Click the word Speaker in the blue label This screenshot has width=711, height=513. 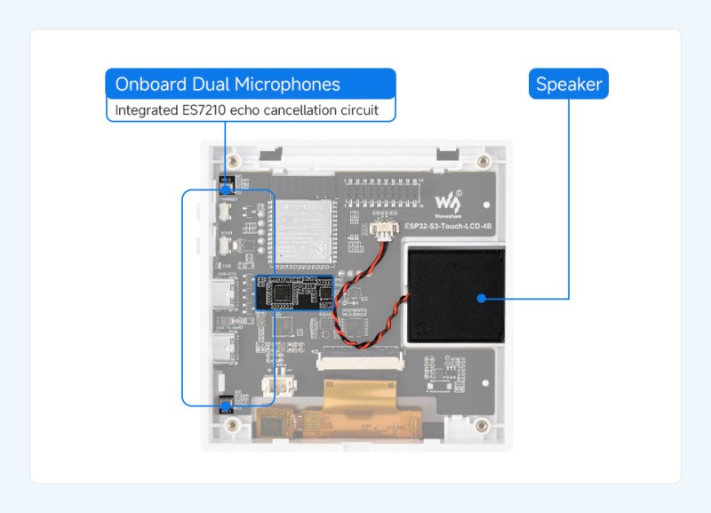(x=569, y=84)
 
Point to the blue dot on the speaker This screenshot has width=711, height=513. (x=481, y=298)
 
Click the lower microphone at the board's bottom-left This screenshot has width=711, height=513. (x=225, y=405)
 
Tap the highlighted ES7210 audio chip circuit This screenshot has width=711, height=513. (x=294, y=293)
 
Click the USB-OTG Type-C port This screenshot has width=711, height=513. (x=221, y=293)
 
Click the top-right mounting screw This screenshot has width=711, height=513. (x=483, y=162)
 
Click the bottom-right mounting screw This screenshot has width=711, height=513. (x=483, y=425)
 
